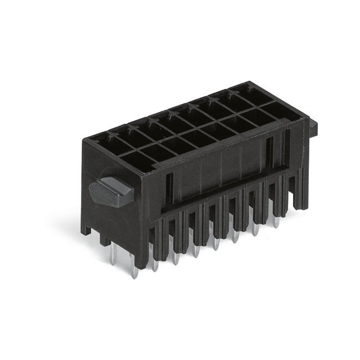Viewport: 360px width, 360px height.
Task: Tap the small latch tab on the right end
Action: click(x=313, y=126)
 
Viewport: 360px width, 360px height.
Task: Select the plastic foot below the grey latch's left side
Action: click(x=85, y=228)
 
